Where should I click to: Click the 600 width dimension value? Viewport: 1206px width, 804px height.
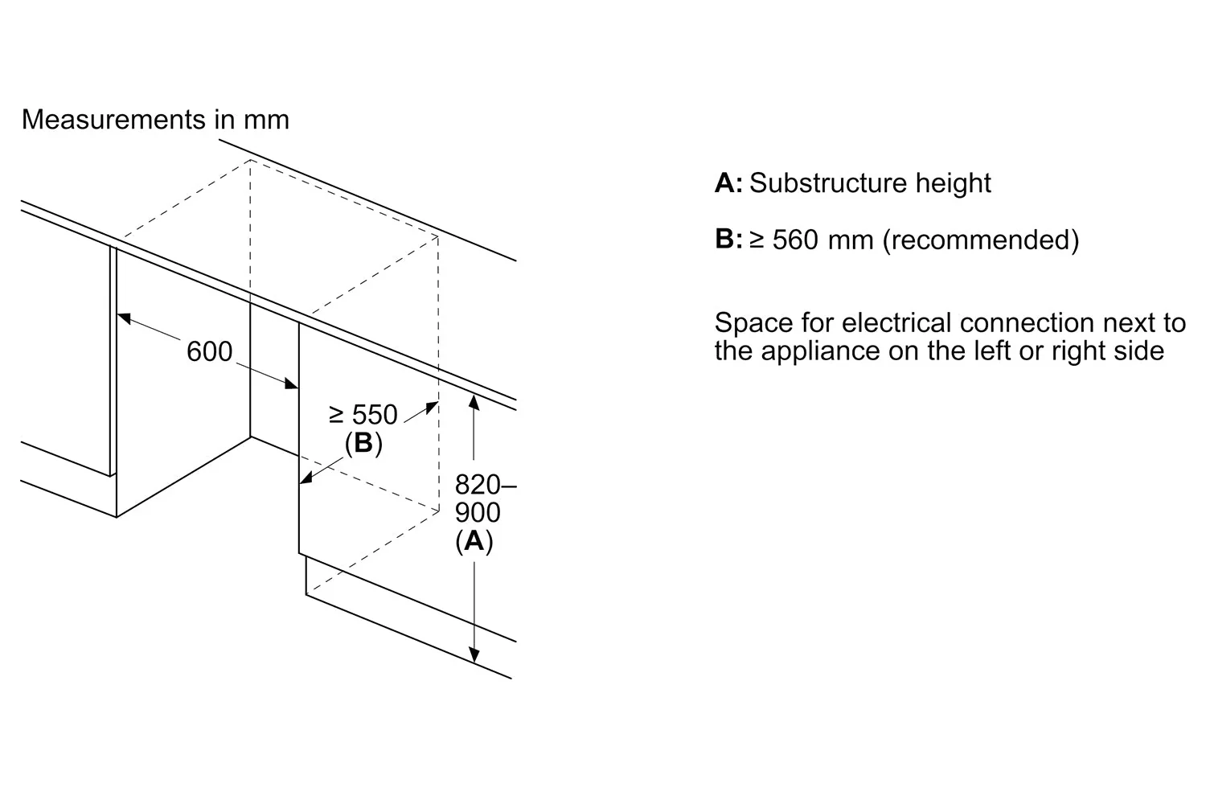pyautogui.click(x=209, y=351)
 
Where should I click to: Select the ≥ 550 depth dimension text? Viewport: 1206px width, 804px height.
pyautogui.click(x=363, y=415)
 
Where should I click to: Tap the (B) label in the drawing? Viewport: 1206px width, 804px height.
pyautogui.click(x=363, y=443)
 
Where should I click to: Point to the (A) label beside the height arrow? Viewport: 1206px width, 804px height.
pyautogui.click(x=474, y=540)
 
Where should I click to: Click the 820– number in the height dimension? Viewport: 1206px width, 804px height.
pyautogui.click(x=486, y=485)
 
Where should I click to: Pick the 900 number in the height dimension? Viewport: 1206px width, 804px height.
pyautogui.click(x=478, y=512)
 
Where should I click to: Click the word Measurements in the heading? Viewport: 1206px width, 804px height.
pyautogui.click(x=113, y=119)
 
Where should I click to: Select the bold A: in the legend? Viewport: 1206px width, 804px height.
pyautogui.click(x=728, y=183)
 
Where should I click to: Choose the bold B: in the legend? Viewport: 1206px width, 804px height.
pyautogui.click(x=728, y=239)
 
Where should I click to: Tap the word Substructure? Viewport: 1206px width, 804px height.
pyautogui.click(x=828, y=183)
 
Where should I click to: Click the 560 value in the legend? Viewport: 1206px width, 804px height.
pyautogui.click(x=795, y=240)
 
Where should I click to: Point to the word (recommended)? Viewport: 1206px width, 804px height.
pyautogui.click(x=980, y=240)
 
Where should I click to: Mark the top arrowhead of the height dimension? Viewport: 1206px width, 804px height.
pyautogui.click(x=474, y=403)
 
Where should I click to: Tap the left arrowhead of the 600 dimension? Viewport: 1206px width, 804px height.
pyautogui.click(x=125, y=318)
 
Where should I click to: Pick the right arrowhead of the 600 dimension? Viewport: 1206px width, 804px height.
pyautogui.click(x=291, y=384)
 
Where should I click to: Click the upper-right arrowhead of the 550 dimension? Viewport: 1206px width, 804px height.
pyautogui.click(x=432, y=407)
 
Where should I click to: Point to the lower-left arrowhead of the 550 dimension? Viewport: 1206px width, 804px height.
pyautogui.click(x=306, y=478)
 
